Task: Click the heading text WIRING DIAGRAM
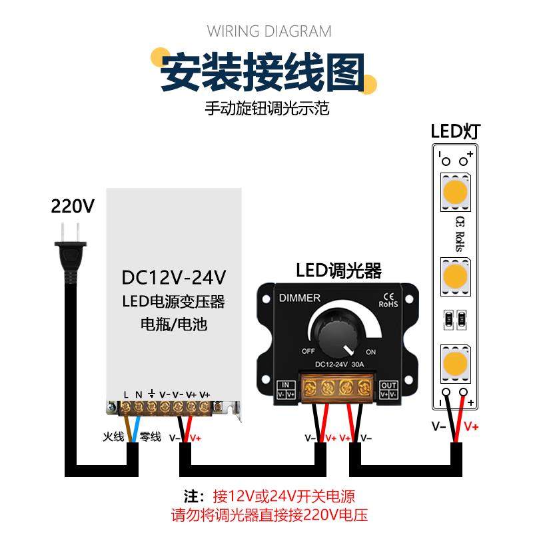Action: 269,31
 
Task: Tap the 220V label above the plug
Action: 73,206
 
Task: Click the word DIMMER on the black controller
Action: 299,298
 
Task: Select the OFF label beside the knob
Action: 308,350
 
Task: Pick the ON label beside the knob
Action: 371,352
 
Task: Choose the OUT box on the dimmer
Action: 388,389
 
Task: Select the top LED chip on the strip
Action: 455,193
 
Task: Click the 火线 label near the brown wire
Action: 113,437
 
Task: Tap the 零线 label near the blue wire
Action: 151,437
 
